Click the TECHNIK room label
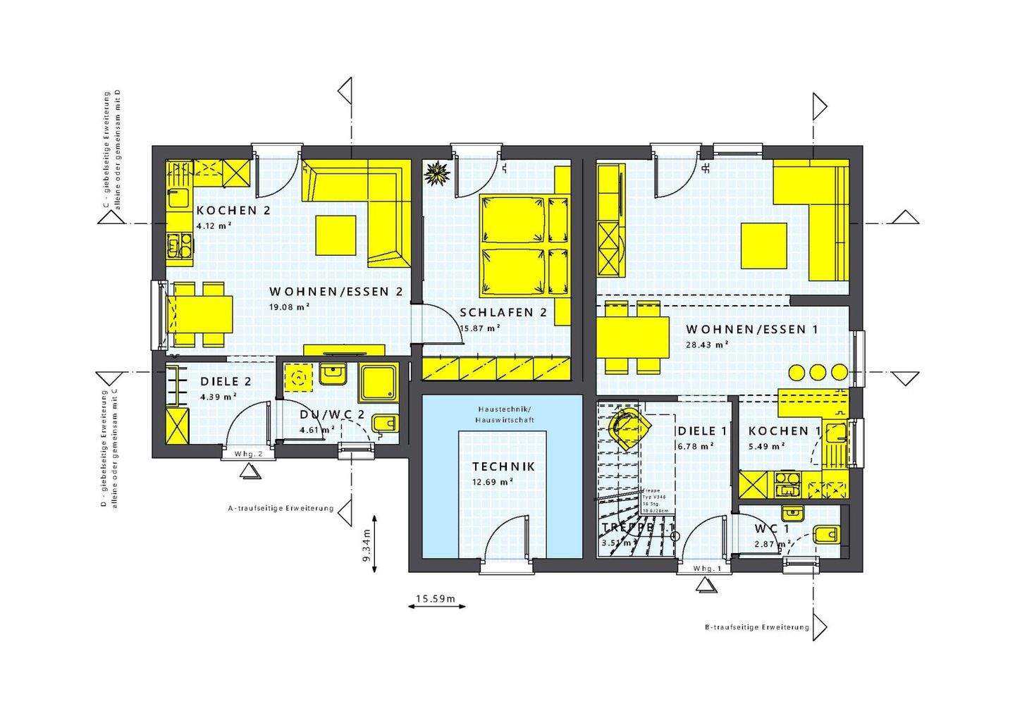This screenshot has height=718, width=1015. click(x=503, y=466)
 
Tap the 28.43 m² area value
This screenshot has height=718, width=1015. click(x=707, y=345)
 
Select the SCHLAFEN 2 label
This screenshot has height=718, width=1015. click(x=503, y=313)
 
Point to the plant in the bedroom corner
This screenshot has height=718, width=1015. click(x=438, y=173)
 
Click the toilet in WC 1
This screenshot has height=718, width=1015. click(x=826, y=535)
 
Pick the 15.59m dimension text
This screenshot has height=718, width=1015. click(x=435, y=599)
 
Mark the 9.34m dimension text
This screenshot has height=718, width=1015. click(x=366, y=545)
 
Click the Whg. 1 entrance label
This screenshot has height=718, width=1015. click(x=707, y=569)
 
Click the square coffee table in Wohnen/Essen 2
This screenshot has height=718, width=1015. click(x=336, y=235)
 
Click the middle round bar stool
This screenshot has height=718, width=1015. click(x=818, y=372)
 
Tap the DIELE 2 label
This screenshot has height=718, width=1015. click(x=226, y=381)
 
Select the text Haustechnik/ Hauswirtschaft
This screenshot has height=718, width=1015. click(x=505, y=414)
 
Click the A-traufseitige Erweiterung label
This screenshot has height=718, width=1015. click(x=280, y=507)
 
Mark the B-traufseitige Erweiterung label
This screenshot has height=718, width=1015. click(x=756, y=627)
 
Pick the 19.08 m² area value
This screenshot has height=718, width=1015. click(x=290, y=307)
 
